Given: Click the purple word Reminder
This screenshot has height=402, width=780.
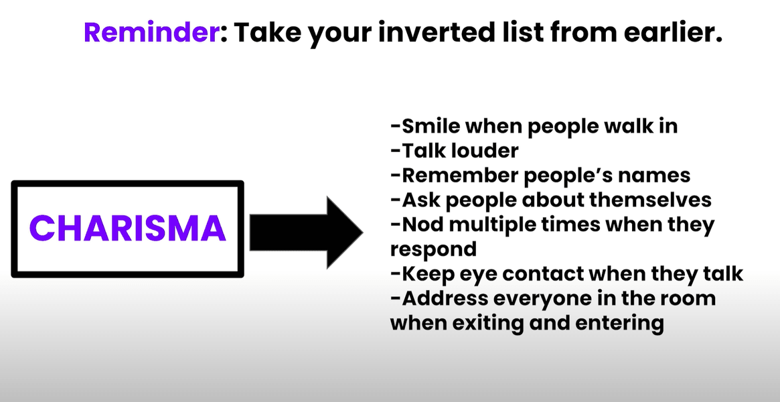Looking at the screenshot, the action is [x=151, y=32].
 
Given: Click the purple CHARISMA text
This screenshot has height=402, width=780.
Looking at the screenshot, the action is [x=128, y=228].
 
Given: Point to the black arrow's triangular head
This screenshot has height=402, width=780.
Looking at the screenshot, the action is [x=343, y=232].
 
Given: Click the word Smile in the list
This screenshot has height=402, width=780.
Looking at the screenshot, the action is [x=431, y=127].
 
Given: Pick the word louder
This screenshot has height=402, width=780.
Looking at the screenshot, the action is [x=485, y=151].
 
